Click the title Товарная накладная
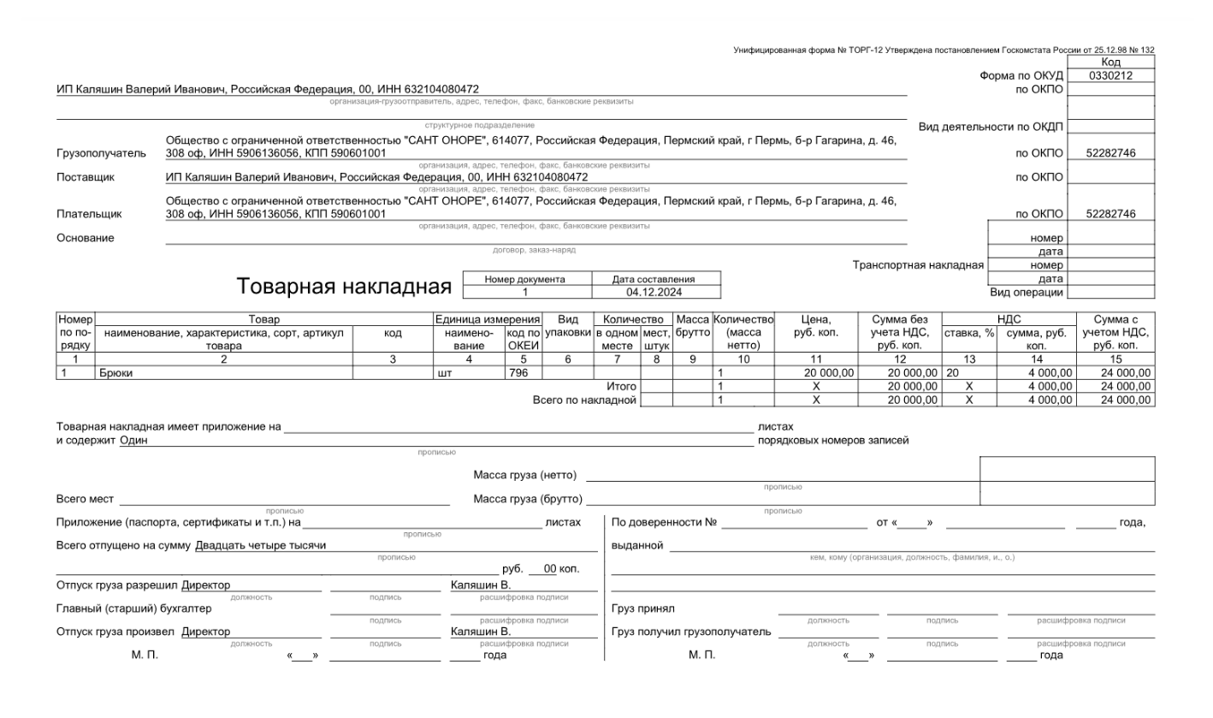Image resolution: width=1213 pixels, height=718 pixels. (x=344, y=286)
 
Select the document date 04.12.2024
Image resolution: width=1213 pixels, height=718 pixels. (x=654, y=292)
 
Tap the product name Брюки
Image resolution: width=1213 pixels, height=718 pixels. (x=117, y=372)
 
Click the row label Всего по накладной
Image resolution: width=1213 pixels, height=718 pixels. (x=584, y=400)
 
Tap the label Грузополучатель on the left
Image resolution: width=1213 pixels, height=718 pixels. (x=101, y=153)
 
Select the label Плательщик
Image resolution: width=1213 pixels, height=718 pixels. (x=89, y=214)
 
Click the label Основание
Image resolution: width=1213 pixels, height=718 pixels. (x=85, y=237)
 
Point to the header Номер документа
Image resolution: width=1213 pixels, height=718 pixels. (x=524, y=279)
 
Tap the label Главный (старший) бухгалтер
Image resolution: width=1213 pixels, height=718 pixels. (x=133, y=608)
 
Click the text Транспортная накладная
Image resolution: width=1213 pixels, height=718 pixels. (x=918, y=264)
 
